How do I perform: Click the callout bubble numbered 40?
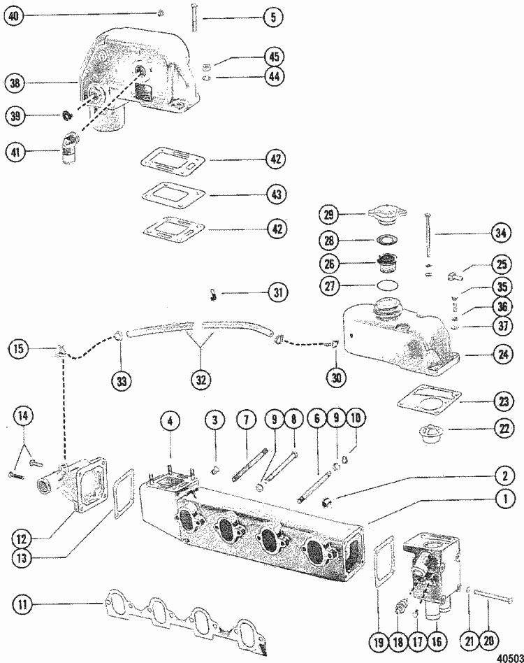(x=14, y=15)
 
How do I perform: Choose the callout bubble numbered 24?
(x=501, y=355)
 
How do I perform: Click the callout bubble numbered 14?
(x=25, y=417)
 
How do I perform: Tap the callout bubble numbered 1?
(x=502, y=499)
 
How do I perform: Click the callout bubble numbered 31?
(x=278, y=293)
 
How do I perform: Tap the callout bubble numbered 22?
(x=502, y=429)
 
